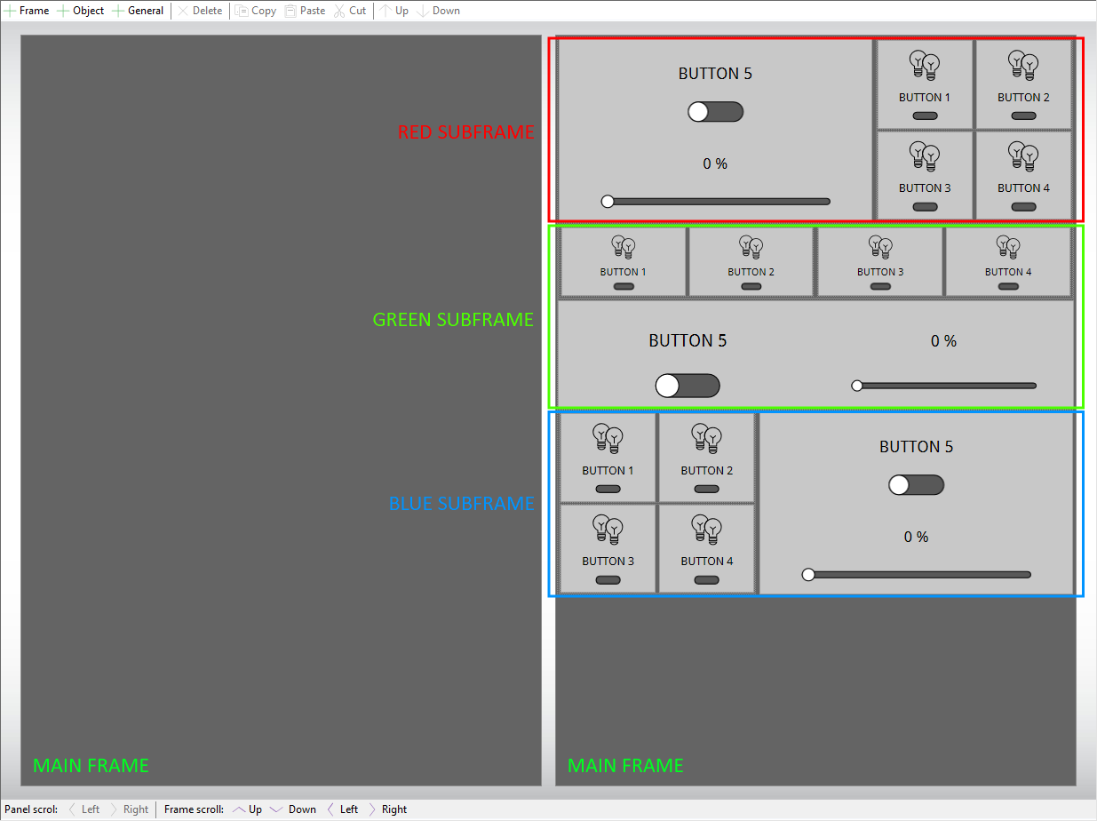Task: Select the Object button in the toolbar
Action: [81, 11]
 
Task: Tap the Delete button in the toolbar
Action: [200, 11]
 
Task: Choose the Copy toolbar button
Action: [256, 11]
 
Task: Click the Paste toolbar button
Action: [305, 11]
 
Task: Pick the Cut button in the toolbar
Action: [350, 11]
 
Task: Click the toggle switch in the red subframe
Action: [715, 111]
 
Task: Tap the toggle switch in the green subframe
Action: [688, 386]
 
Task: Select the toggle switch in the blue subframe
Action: [916, 485]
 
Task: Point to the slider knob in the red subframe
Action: [608, 202]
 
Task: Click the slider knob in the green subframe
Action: [856, 386]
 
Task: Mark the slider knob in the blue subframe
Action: [808, 574]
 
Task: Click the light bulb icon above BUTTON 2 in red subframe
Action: [1023, 65]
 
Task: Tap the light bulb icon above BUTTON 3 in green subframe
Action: [880, 247]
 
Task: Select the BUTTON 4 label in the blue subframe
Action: [707, 562]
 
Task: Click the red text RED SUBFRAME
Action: [465, 132]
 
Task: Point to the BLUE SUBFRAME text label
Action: [461, 503]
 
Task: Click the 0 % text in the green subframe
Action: [943, 341]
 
